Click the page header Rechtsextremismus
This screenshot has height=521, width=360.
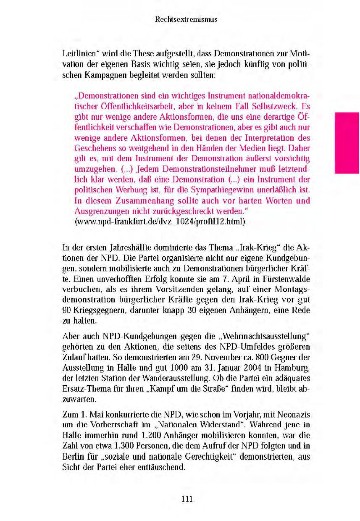click(186, 19)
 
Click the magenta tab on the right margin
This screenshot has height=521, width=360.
click(347, 143)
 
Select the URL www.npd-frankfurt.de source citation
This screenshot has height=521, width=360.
click(159, 221)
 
